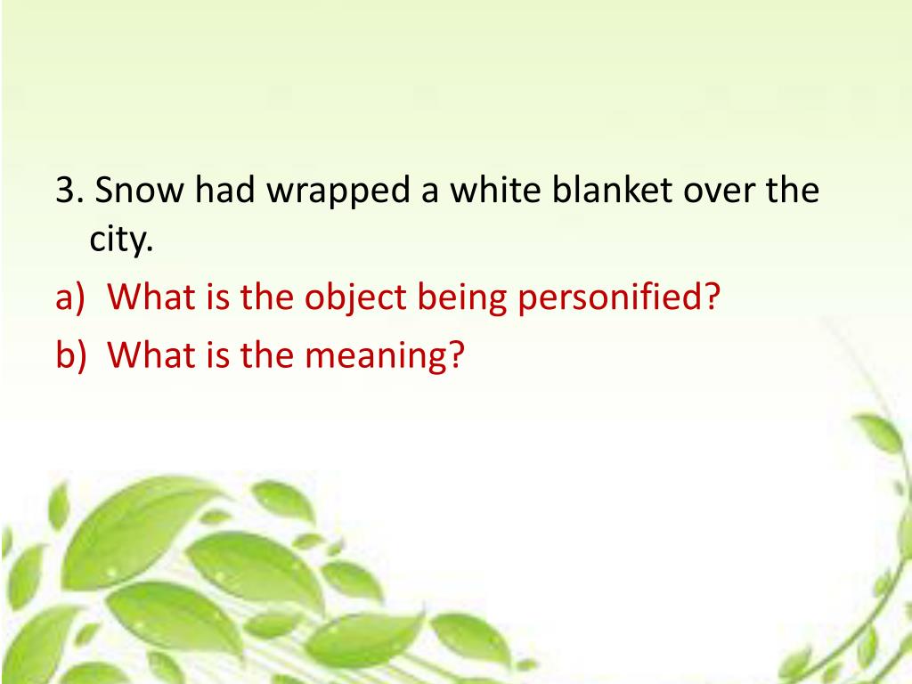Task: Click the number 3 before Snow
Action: click(x=63, y=191)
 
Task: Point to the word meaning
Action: click(x=374, y=356)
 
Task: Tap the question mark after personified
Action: click(x=710, y=297)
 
